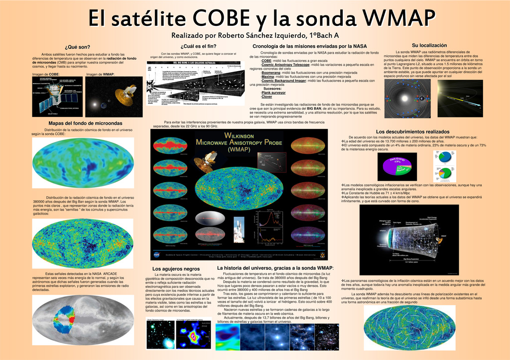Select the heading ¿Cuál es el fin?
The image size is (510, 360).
click(185, 46)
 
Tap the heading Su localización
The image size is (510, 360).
click(429, 45)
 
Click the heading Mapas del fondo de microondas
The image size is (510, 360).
click(78, 123)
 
